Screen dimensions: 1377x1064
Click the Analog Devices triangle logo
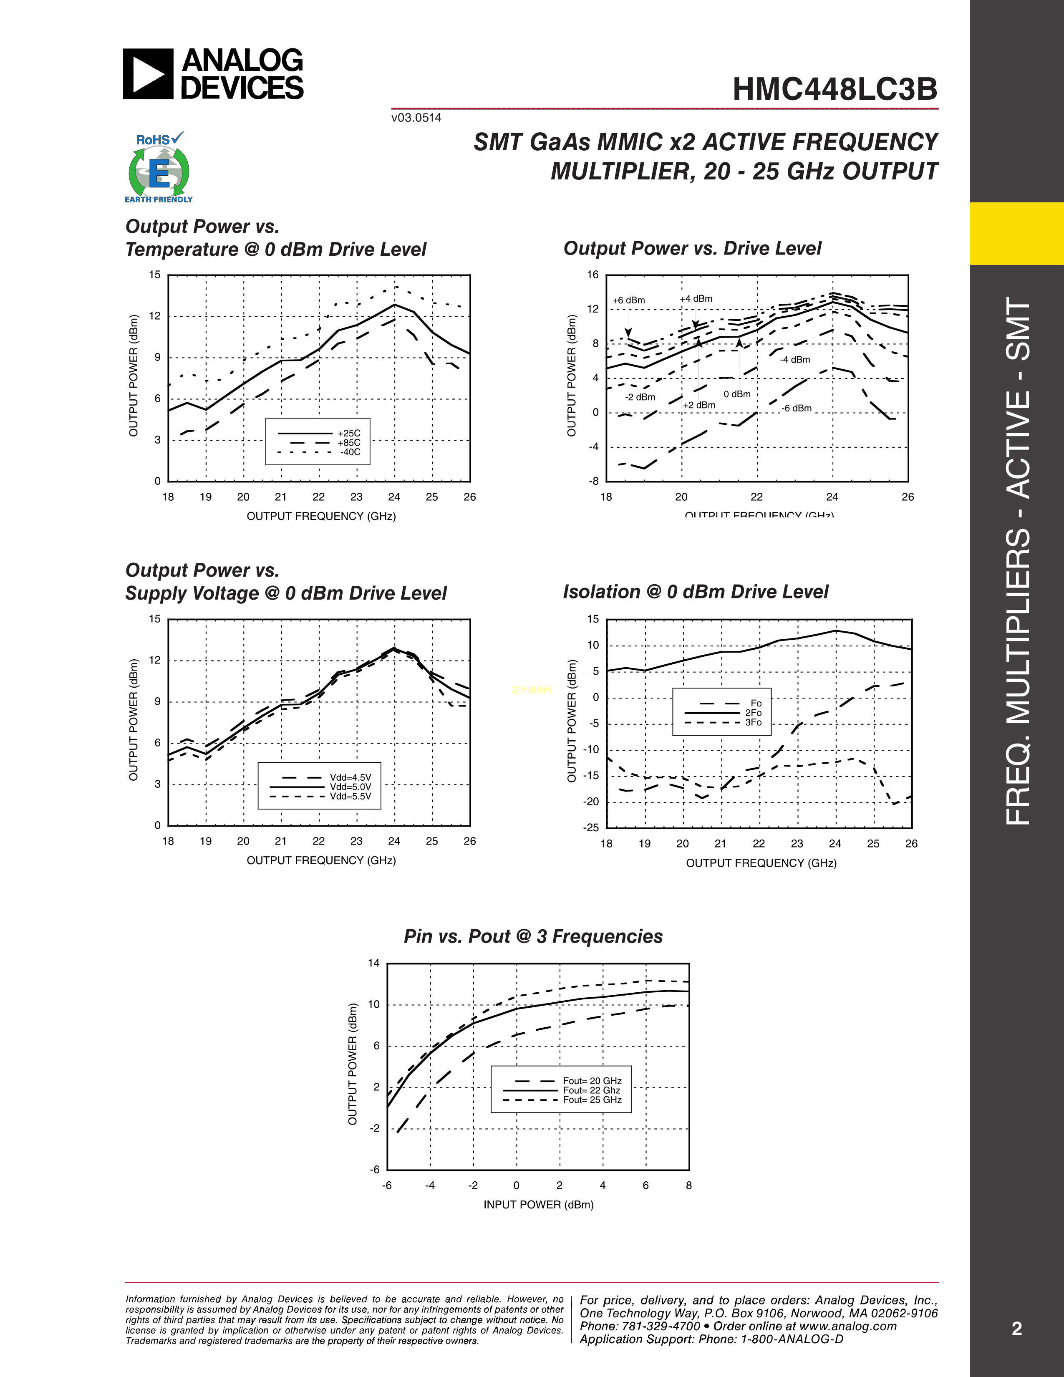click(147, 74)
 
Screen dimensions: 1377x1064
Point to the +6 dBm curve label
click(628, 300)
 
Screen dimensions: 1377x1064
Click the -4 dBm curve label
click(795, 359)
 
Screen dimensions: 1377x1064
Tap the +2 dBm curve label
click(699, 405)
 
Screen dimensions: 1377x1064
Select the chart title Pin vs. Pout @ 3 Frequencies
click(533, 936)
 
